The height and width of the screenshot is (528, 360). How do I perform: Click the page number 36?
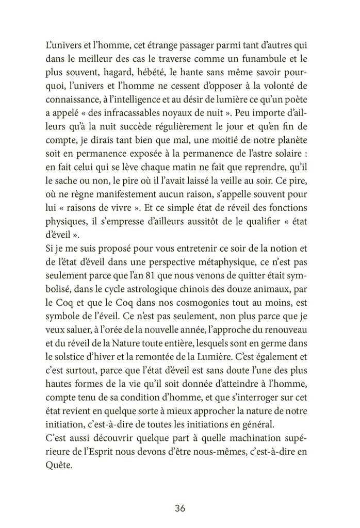[x=179, y=508]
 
